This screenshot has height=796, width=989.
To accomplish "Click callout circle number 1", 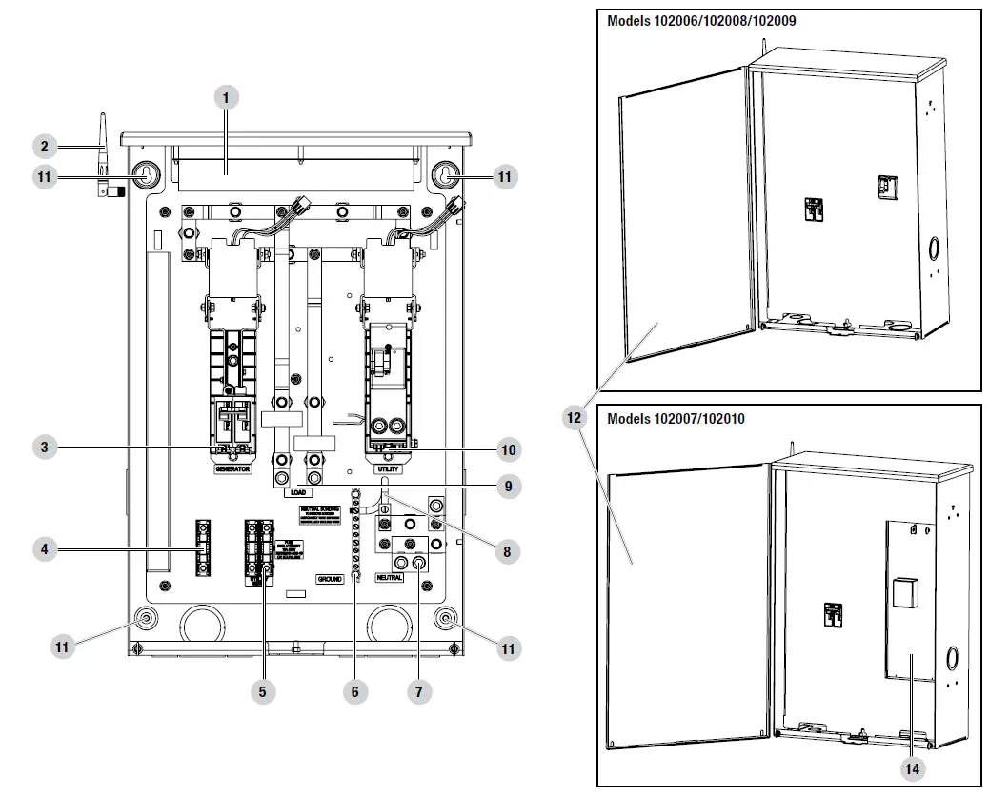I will (x=225, y=97).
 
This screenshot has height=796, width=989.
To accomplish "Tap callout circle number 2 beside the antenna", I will (x=44, y=147).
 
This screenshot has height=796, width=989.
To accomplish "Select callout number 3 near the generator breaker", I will (x=44, y=446).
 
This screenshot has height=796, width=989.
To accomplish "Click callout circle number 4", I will (x=44, y=548).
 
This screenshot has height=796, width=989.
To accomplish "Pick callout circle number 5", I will (x=263, y=692).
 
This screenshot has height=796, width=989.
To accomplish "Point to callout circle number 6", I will (x=354, y=692).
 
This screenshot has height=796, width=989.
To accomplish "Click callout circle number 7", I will (x=417, y=692).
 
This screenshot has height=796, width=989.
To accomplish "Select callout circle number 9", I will (x=509, y=486).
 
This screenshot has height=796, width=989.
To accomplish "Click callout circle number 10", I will (x=509, y=448).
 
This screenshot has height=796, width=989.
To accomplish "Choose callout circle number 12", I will (x=574, y=420).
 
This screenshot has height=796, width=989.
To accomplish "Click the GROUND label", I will (x=329, y=579).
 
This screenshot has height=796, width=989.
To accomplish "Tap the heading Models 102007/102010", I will (x=676, y=418).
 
